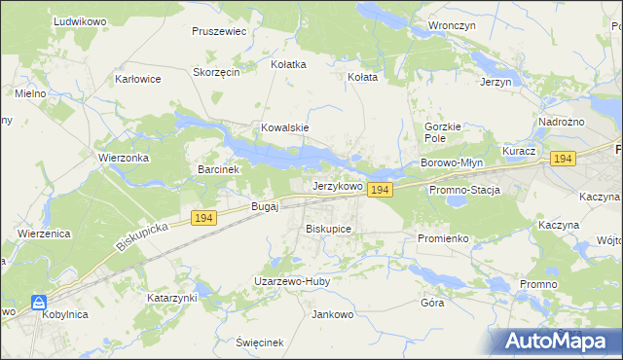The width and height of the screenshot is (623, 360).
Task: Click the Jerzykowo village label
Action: pyautogui.click(x=337, y=185)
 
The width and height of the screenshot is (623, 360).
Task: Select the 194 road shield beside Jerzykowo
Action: pyautogui.click(x=380, y=191)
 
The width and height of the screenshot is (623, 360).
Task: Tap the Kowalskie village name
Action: pyautogui.click(x=284, y=127)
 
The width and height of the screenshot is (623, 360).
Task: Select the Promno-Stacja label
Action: pyautogui.click(x=464, y=190)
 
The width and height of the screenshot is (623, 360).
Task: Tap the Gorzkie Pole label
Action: pyautogui.click(x=449, y=133)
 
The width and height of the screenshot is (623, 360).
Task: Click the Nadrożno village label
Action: pyautogui.click(x=561, y=122)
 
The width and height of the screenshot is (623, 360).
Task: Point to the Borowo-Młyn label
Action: pyautogui.click(x=451, y=162)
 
